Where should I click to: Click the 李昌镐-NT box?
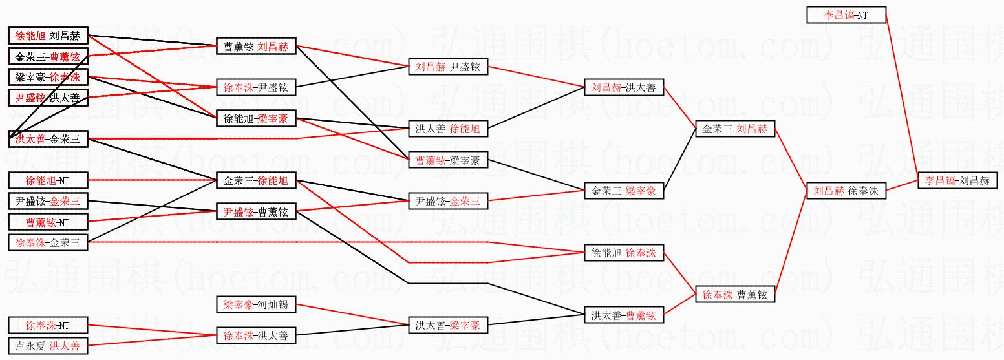846,15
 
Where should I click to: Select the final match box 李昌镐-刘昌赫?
957,181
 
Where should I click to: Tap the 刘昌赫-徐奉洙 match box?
846,191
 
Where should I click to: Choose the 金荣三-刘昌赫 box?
734,129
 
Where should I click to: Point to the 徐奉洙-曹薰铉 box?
734,295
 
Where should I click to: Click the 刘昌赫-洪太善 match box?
623,87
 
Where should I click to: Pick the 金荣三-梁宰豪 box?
623,191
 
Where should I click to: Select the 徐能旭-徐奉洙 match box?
623,253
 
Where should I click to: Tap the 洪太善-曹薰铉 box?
623,315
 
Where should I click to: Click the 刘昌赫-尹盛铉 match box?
448,67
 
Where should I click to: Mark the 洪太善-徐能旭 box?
448,129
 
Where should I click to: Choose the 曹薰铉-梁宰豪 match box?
448,160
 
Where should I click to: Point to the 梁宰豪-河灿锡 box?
256,304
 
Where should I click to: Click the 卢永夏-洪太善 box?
47,346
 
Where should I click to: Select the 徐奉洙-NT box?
47,325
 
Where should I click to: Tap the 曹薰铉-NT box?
47,222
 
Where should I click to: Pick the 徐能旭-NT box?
47,180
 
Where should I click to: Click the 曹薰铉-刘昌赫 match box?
256,47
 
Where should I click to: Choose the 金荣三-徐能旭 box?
256,180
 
